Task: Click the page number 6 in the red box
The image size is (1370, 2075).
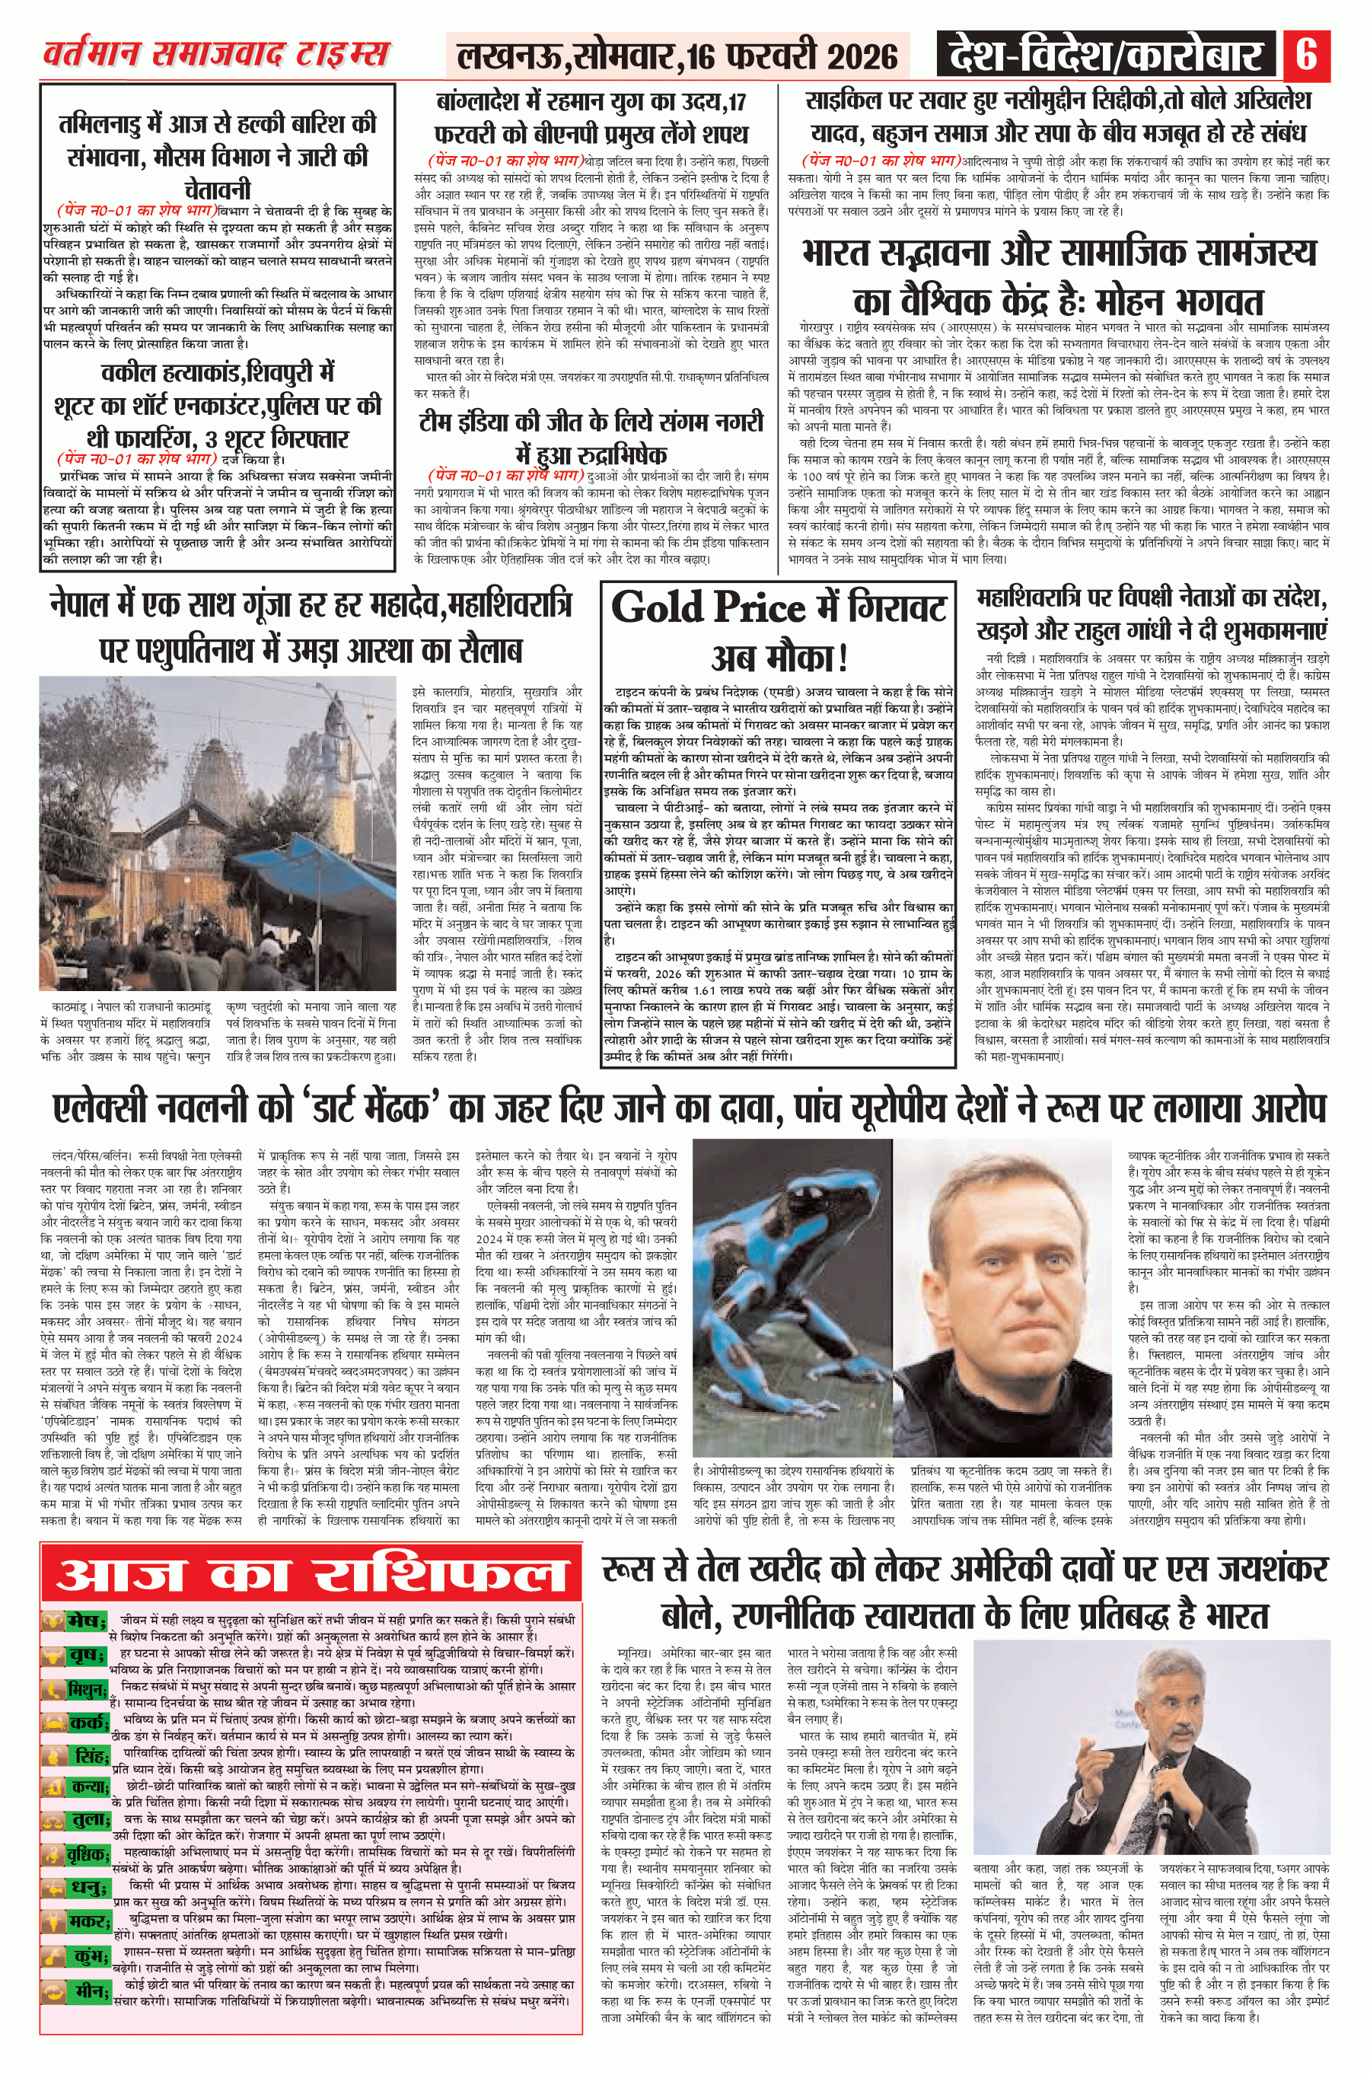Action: point(1306,55)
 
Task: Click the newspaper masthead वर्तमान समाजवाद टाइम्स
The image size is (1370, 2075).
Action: point(215,54)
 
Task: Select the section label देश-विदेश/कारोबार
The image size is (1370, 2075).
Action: point(1104,55)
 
